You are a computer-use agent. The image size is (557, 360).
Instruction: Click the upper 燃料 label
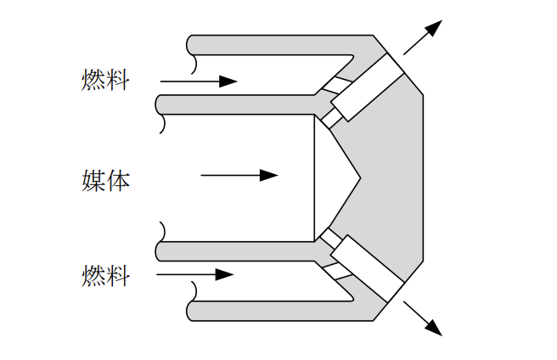[105, 81]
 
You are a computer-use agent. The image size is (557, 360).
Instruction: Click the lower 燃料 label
[105, 275]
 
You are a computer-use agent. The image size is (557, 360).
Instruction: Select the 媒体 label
[105, 179]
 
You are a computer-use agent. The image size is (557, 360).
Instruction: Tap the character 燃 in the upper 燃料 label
[93, 81]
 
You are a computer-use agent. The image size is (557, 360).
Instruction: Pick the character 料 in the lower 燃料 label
[118, 275]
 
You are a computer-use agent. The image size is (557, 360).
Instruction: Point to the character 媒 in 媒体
[93, 179]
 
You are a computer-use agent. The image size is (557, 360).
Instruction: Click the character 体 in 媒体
[118, 179]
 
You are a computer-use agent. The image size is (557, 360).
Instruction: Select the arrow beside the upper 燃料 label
[199, 82]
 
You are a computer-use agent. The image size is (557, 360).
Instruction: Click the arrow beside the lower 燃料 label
[195, 275]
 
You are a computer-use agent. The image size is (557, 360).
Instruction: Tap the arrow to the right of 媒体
[239, 176]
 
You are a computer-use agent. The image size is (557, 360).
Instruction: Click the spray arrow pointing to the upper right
[423, 37]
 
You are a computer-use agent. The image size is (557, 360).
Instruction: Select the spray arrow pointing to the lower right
[423, 318]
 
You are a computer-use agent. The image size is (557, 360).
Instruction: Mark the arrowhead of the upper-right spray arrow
[435, 27]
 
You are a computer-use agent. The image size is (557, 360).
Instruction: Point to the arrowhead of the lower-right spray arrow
[434, 329]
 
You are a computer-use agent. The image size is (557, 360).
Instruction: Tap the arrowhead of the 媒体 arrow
[269, 176]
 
